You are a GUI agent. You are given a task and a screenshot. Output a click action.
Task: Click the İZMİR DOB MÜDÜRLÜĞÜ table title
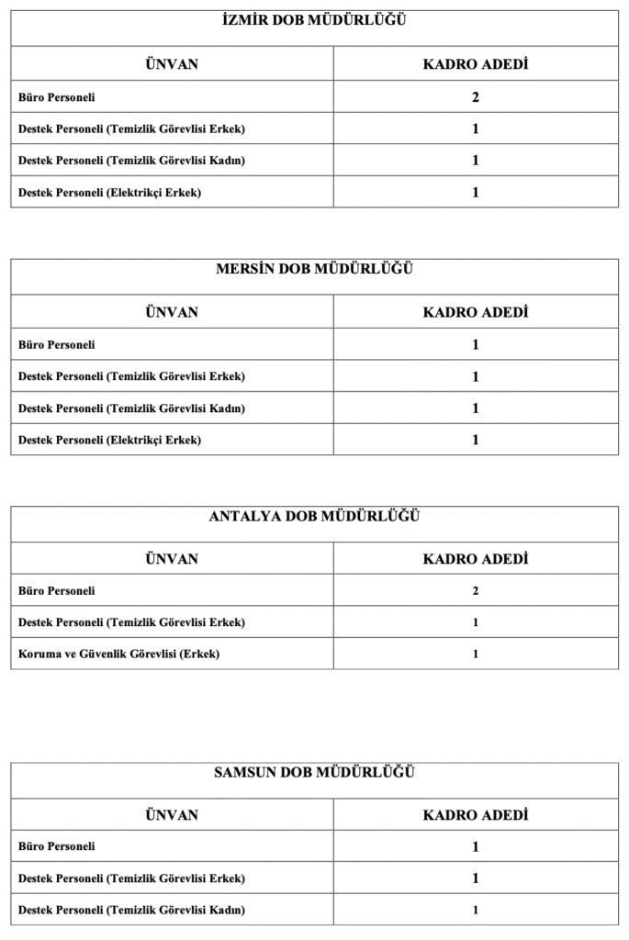[315, 19]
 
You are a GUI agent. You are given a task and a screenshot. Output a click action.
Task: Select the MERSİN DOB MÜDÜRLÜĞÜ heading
[315, 268]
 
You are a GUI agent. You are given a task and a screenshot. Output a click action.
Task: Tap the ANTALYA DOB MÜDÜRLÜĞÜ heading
[315, 516]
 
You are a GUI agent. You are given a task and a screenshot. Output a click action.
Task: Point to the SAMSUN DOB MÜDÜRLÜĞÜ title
[315, 772]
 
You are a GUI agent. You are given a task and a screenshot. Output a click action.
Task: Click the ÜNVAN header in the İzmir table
[172, 64]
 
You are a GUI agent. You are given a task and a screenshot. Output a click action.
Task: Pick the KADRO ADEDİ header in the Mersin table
[475, 312]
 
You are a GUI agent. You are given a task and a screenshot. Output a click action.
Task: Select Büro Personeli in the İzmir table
[57, 97]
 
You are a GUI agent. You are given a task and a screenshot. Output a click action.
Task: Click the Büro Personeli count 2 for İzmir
[476, 97]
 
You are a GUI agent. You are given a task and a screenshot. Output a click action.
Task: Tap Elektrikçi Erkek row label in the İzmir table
[109, 193]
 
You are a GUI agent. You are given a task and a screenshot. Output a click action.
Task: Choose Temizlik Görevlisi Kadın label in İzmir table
[131, 161]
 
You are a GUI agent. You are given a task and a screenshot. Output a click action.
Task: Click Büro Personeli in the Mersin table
[57, 345]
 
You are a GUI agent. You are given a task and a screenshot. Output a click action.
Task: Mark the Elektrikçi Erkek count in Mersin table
[476, 440]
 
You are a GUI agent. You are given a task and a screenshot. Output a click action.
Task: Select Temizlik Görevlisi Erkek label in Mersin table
[131, 376]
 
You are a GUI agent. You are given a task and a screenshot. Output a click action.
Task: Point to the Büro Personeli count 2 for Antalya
[476, 591]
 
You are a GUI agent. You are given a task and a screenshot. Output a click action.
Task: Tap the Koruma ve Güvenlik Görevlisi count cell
[476, 655]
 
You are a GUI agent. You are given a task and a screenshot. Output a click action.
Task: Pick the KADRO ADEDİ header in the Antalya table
[475, 559]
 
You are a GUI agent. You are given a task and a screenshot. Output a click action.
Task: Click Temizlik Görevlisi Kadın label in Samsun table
[131, 911]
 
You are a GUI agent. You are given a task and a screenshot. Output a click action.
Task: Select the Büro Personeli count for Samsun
[476, 846]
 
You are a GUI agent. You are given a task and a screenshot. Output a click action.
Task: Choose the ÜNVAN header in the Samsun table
[172, 815]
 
